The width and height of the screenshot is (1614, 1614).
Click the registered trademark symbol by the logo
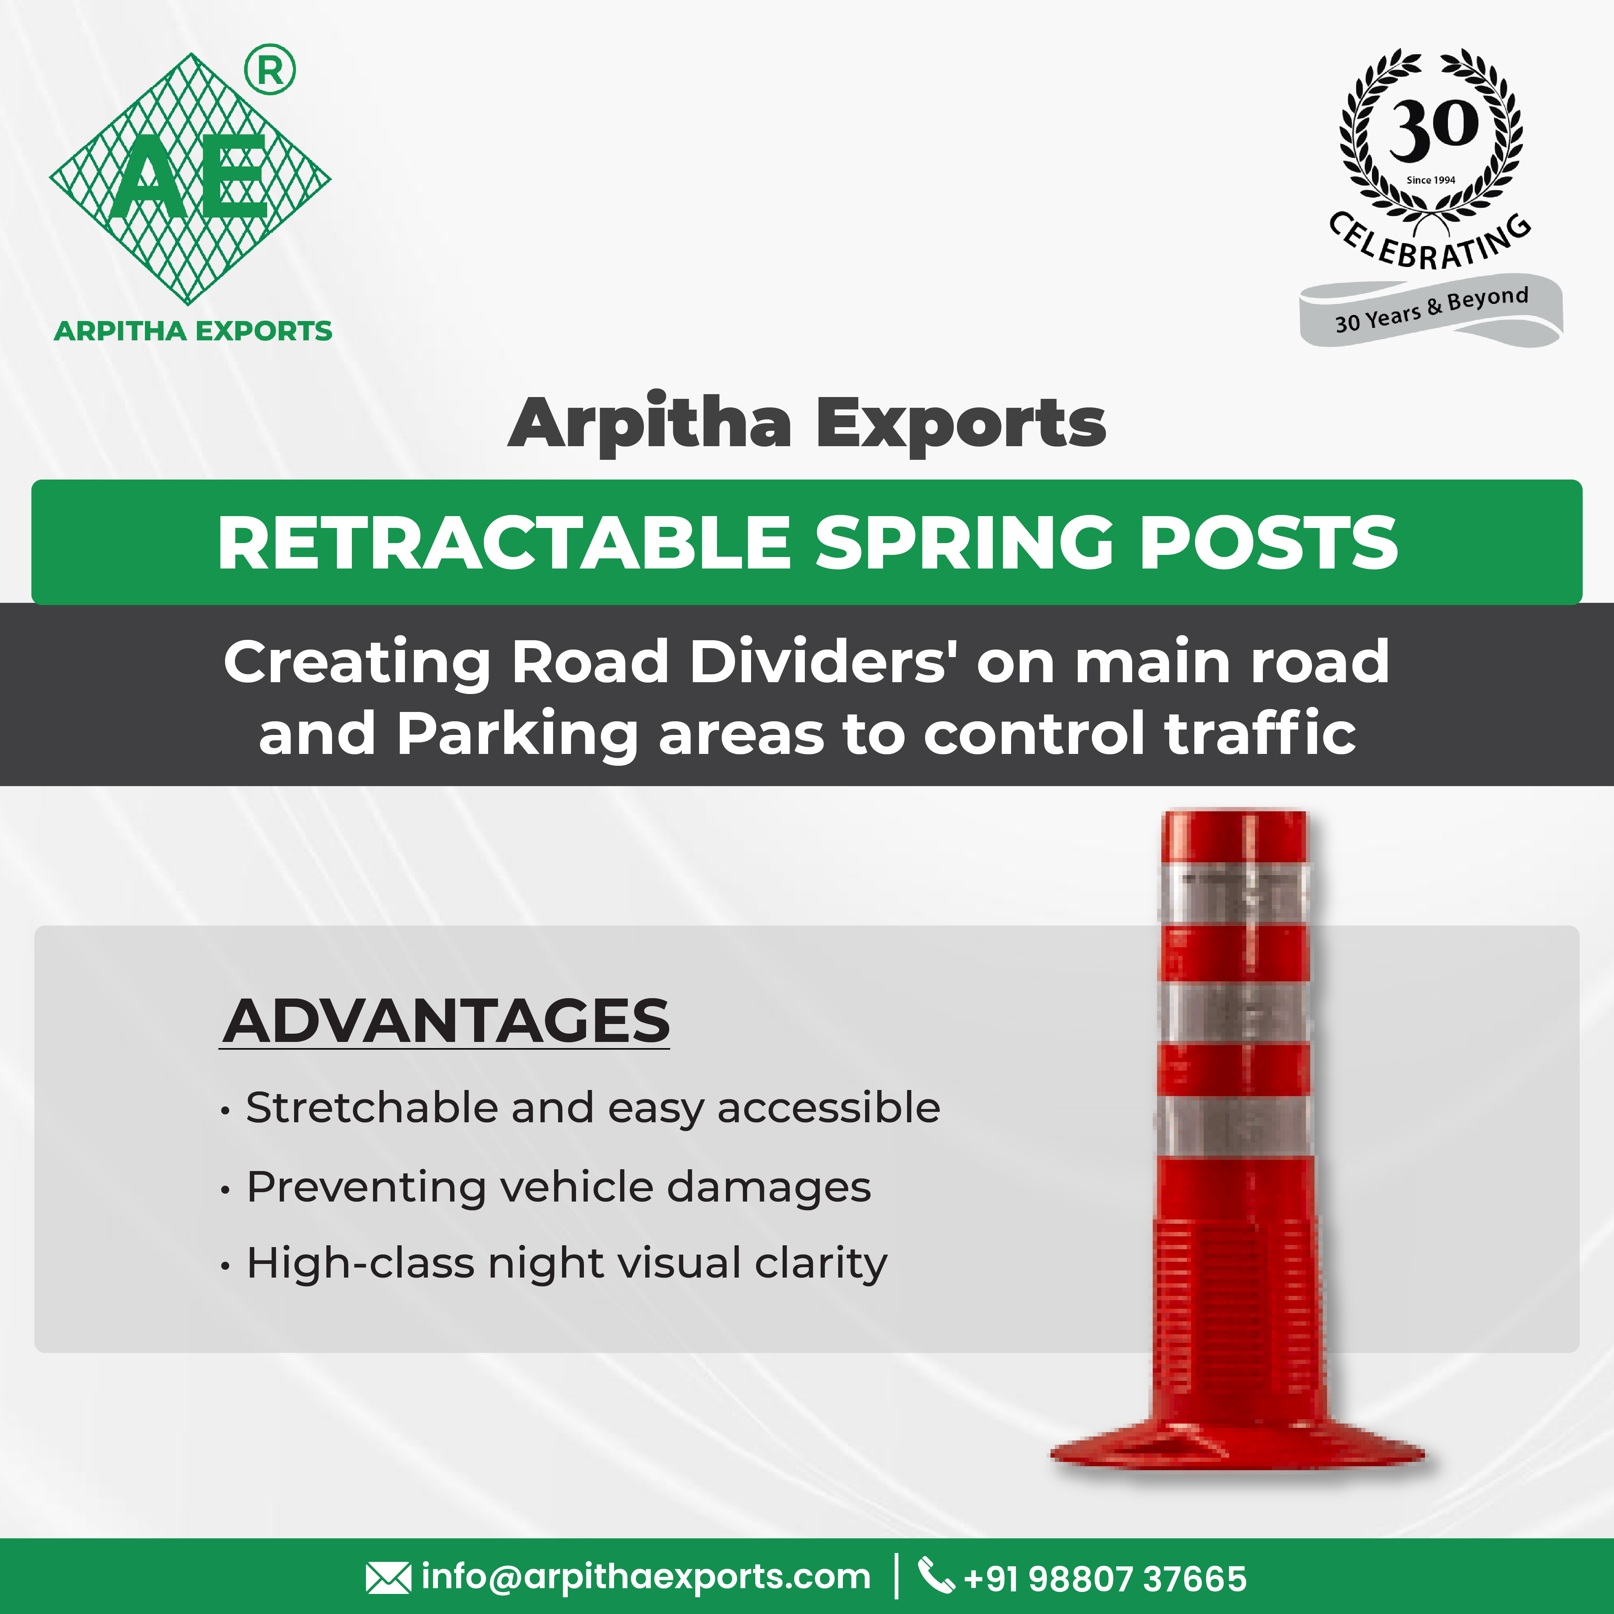[x=270, y=70]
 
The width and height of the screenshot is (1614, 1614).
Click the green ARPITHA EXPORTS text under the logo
[x=193, y=331]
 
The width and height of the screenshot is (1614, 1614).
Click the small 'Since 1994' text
[x=1431, y=180]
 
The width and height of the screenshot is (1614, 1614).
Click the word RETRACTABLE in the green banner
[x=504, y=543]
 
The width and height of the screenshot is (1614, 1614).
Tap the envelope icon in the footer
[x=388, y=1578]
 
